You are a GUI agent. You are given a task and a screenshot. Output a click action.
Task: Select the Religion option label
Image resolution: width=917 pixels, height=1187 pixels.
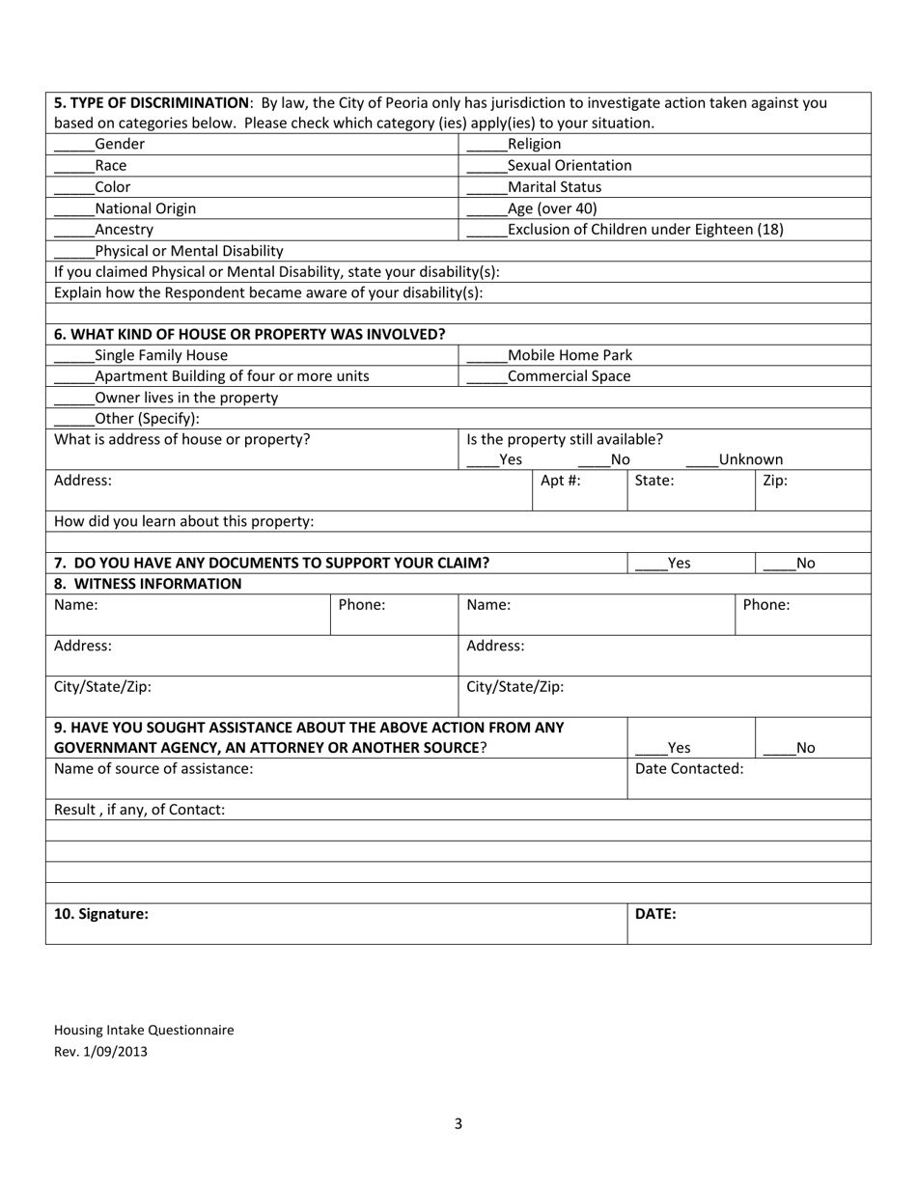[x=534, y=144]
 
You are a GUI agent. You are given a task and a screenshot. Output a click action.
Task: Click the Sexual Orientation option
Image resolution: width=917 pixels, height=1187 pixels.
[x=570, y=165]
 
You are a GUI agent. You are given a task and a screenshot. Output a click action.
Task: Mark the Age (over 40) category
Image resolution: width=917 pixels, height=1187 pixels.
[x=552, y=207]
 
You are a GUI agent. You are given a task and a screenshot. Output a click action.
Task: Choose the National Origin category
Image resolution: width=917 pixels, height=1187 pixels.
[x=145, y=207]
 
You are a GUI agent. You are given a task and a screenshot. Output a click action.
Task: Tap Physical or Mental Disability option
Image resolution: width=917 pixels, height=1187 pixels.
[x=189, y=250]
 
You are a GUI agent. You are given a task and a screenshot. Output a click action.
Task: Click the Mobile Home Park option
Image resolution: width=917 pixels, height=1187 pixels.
[x=570, y=354]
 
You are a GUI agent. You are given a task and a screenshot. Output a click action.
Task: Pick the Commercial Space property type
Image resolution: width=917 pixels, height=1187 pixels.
[x=569, y=375]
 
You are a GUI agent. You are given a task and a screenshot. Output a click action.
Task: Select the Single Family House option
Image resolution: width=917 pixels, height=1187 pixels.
[x=161, y=354]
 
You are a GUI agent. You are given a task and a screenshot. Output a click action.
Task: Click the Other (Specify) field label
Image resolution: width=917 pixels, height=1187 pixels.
[x=147, y=418]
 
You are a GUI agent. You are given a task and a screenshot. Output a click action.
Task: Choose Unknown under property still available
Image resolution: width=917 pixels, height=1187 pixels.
[x=750, y=459]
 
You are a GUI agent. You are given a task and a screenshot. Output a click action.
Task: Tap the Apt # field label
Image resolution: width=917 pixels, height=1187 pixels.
[x=560, y=480]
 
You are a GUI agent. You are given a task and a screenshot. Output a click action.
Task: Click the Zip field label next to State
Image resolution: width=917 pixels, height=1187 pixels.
[x=775, y=480]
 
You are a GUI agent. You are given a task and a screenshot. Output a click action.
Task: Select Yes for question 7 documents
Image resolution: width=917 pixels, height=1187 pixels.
[x=679, y=563]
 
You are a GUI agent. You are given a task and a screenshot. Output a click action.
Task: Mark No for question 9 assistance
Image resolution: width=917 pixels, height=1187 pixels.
[x=805, y=747]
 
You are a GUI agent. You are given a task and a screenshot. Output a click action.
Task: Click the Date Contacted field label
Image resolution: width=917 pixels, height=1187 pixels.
[x=689, y=768]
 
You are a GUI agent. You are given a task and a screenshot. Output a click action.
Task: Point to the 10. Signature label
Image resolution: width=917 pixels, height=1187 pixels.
[x=101, y=914]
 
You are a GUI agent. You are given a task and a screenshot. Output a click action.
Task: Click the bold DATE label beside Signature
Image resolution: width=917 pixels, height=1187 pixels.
[x=654, y=914]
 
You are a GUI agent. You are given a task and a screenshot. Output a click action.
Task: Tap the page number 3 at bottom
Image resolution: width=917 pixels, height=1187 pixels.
[x=458, y=1123]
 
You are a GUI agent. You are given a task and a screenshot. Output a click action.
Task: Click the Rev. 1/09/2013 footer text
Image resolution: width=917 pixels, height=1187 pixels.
[x=100, y=1052]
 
